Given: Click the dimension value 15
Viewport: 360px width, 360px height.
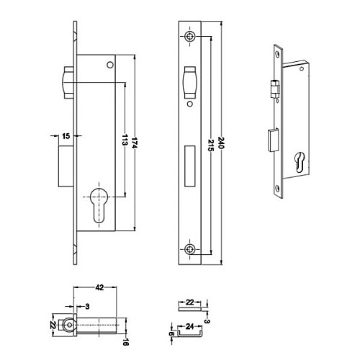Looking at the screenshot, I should pyautogui.click(x=65, y=135).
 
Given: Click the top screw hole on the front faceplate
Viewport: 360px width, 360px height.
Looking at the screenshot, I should pyautogui.click(x=189, y=36).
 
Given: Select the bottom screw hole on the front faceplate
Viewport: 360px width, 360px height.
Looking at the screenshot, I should pyautogui.click(x=189, y=249).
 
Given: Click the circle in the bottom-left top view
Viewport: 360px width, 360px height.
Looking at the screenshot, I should pyautogui.click(x=69, y=325).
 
